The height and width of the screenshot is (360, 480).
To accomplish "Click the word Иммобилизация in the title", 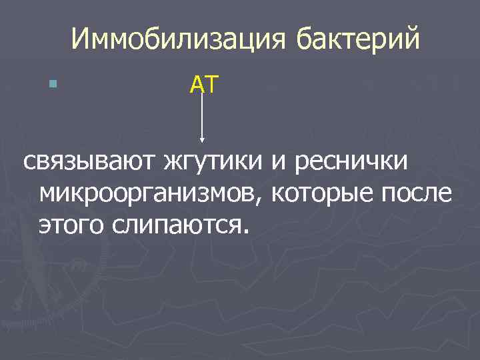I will click(179, 39).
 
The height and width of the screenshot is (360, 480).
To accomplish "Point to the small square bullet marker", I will click(53, 84).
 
